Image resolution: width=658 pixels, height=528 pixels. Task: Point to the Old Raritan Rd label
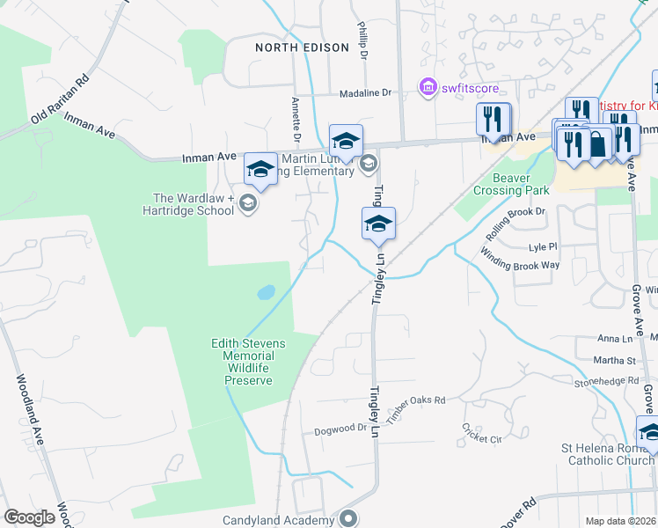pos(60,98)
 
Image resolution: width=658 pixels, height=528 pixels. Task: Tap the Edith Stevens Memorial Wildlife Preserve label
pos(244,362)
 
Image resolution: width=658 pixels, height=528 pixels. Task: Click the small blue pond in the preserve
pos(265,292)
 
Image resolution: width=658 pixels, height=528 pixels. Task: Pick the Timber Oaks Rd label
pos(416,400)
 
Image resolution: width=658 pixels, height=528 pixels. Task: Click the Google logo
pos(29,517)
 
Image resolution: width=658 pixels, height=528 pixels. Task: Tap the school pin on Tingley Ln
pos(378,224)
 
